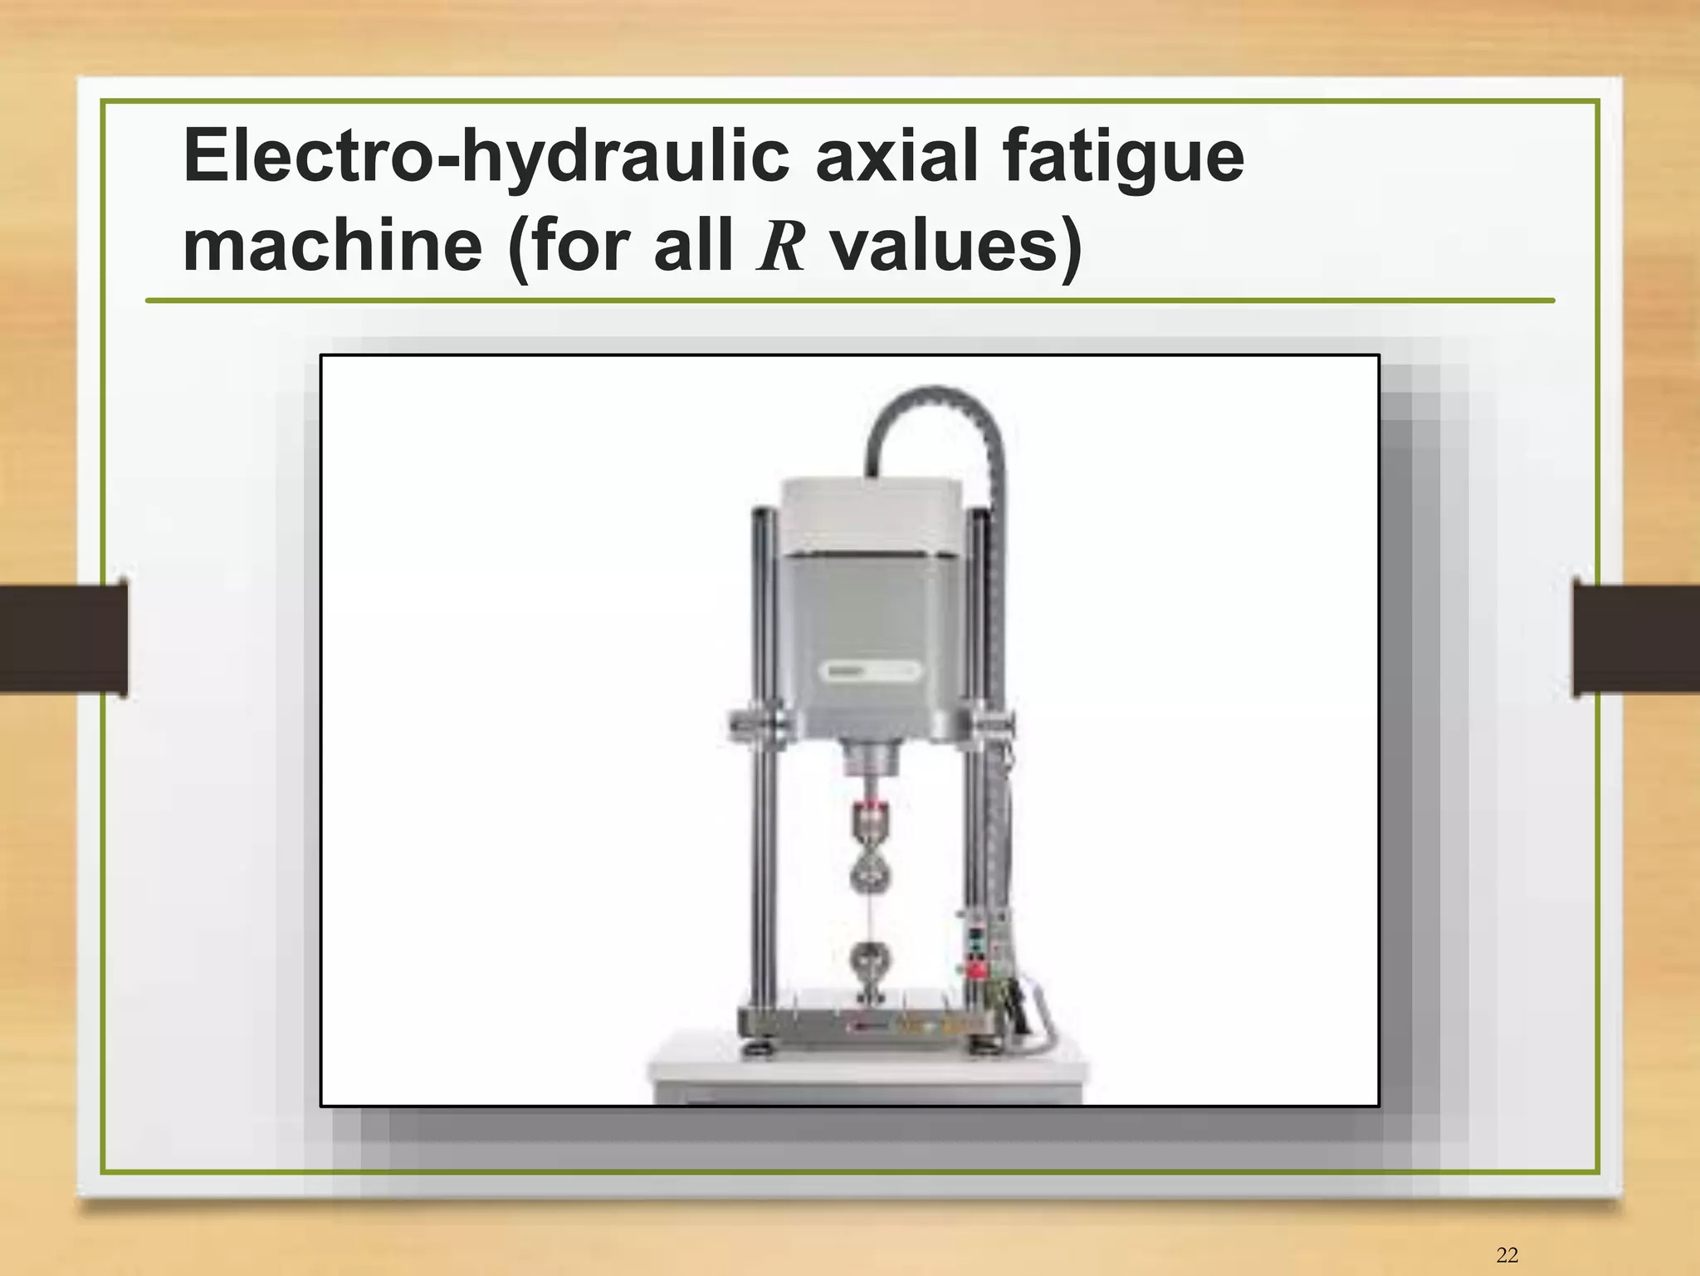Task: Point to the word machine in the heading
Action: [332, 246]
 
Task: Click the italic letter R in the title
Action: [780, 247]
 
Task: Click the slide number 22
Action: [1507, 1255]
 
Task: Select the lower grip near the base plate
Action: [869, 963]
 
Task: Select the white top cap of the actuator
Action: [872, 515]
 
